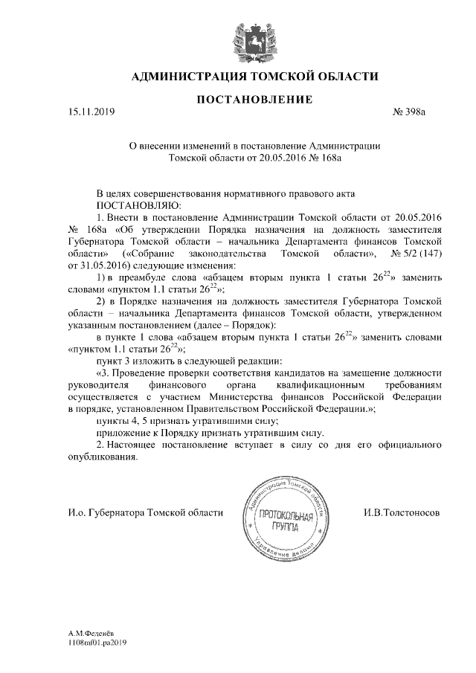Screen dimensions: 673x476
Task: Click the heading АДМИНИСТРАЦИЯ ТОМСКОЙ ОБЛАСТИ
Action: pos(254,76)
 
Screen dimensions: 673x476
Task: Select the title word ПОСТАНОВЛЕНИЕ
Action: pos(254,100)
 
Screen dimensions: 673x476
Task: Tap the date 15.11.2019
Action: pos(88,112)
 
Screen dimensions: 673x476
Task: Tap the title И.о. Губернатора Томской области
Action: pos(144,513)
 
